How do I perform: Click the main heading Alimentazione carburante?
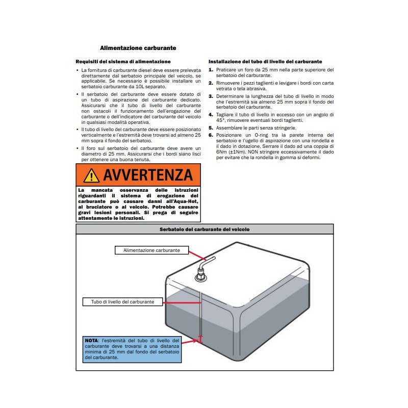coord(138,48)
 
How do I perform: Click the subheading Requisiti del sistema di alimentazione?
coord(116,61)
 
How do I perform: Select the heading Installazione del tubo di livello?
coord(265,61)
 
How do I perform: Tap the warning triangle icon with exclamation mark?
coord(91,175)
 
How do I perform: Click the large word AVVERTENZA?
coord(147,175)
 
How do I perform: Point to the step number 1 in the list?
coord(211,69)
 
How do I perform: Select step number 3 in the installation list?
coord(211,96)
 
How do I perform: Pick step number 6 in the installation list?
coord(211,135)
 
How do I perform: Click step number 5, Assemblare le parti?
coord(211,128)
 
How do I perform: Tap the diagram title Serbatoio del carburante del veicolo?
coord(204,229)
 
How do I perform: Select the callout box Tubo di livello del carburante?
coord(122,302)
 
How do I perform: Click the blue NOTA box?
coord(132,349)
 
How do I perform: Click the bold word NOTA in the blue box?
coord(92,340)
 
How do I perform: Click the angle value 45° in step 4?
coord(215,120)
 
